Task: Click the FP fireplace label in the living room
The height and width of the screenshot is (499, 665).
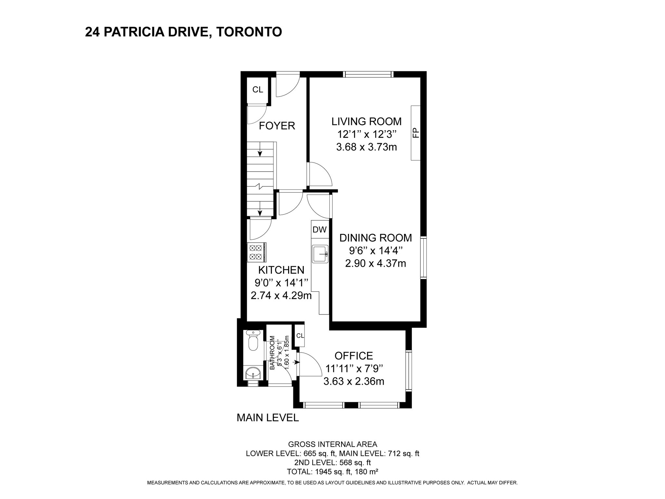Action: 416,133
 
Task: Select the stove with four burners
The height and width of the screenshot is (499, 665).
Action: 257,252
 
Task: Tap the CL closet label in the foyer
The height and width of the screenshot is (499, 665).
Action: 258,90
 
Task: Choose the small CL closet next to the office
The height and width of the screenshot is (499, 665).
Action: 300,336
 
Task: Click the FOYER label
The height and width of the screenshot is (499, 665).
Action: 277,126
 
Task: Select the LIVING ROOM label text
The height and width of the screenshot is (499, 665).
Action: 366,122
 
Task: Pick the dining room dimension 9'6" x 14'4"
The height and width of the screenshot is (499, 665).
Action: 376,250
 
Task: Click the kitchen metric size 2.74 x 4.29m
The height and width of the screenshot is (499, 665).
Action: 281,296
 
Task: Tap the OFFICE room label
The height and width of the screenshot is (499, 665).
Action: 354,356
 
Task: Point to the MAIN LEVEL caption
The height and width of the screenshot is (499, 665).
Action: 268,418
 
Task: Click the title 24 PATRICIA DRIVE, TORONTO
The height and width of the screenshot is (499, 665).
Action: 184,32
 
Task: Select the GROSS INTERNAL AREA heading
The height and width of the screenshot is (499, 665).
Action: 333,444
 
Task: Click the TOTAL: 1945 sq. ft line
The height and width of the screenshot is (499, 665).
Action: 333,472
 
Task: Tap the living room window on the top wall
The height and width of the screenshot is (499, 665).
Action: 368,74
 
